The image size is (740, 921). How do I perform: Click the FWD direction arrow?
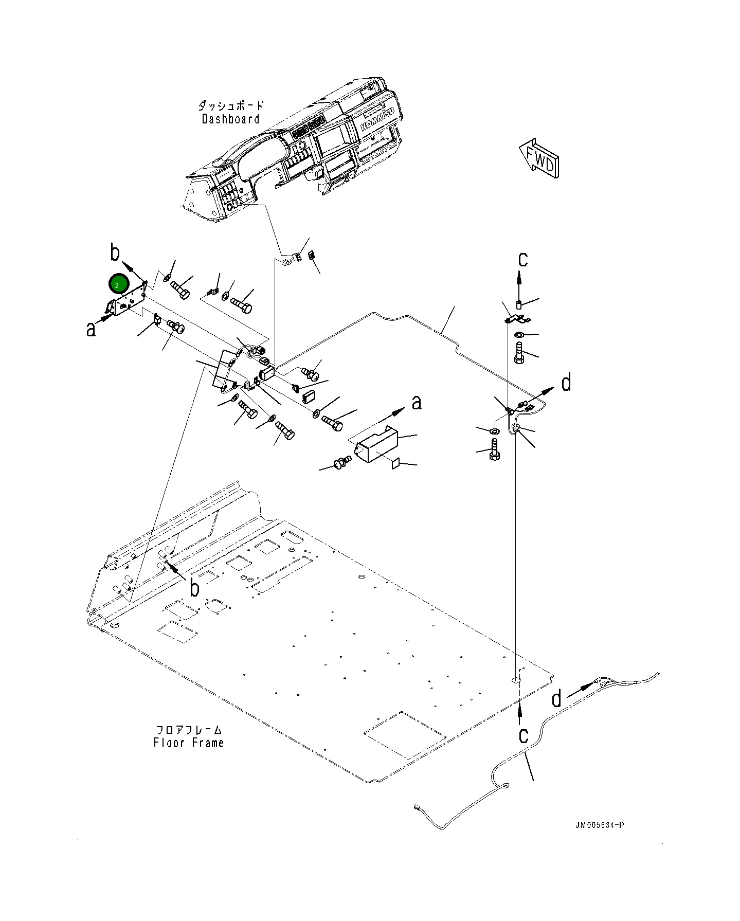539,158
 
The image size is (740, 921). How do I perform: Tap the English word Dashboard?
230,119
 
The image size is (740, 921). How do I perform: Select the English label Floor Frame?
188,743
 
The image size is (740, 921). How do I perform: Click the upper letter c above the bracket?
522,259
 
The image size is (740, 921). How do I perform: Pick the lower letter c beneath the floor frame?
523,735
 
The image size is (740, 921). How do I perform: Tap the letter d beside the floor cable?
556,699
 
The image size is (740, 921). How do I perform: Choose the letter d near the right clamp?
566,383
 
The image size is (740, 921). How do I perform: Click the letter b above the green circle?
115,253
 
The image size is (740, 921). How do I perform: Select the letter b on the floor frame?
194,588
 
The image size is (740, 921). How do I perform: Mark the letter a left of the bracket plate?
91,330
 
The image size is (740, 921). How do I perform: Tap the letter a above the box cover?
417,402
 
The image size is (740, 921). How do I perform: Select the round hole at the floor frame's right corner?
516,680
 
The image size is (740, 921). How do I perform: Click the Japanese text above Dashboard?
231,106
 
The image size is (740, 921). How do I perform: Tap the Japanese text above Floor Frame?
189,730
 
